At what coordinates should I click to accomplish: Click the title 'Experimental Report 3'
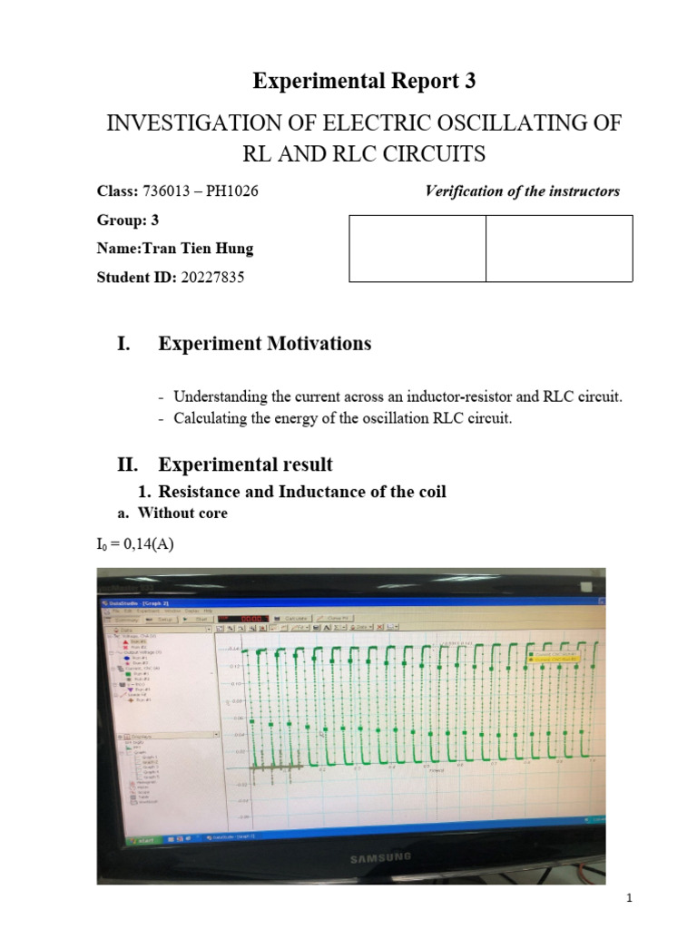(363, 81)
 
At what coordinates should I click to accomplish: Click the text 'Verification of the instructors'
(522, 191)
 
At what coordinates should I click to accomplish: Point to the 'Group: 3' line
(127, 220)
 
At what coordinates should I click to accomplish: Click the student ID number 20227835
(212, 277)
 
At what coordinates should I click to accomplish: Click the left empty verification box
(417, 249)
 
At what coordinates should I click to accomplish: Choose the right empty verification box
(558, 249)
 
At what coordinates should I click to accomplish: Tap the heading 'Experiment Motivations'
(264, 344)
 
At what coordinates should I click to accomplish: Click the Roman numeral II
(126, 464)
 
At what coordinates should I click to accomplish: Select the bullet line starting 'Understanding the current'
(398, 396)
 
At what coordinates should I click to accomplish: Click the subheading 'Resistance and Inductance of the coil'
(302, 492)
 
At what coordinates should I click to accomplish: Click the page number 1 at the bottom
(628, 898)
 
